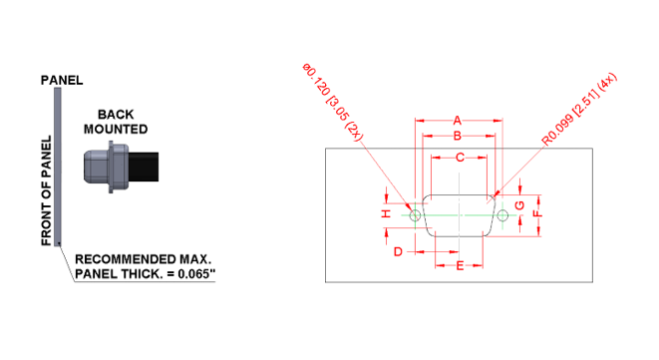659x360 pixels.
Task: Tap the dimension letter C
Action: click(x=460, y=158)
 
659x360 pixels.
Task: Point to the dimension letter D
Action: click(x=398, y=251)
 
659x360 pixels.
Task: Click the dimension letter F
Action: click(x=538, y=213)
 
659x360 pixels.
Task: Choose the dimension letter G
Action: click(x=518, y=205)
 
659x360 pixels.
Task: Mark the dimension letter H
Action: click(x=386, y=213)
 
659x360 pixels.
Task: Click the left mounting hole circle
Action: click(x=416, y=214)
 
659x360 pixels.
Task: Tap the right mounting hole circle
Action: click(x=502, y=214)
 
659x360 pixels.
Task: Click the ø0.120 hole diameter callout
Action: click(x=335, y=101)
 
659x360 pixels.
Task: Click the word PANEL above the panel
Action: click(x=61, y=79)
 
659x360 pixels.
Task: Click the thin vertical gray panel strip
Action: click(x=60, y=165)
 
